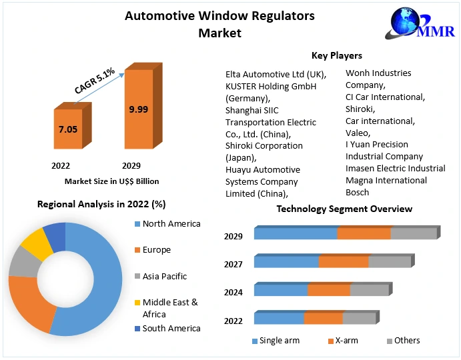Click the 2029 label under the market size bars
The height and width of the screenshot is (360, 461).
[x=131, y=165]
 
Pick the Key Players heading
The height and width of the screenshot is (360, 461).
[x=336, y=55]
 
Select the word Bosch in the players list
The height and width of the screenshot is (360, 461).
[x=357, y=193]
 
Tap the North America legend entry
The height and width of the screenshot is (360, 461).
[x=171, y=224]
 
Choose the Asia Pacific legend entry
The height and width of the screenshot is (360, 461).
[x=164, y=276]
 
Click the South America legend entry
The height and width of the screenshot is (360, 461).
[x=171, y=328]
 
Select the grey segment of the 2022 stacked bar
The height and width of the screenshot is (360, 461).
[x=359, y=319]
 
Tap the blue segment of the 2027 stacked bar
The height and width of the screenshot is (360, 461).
[x=286, y=262]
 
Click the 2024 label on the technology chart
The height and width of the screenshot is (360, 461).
[x=234, y=292]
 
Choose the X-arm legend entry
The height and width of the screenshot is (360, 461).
[x=346, y=341]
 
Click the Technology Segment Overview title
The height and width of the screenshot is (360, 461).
[x=344, y=209]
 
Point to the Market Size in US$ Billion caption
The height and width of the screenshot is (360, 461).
[x=111, y=181]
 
